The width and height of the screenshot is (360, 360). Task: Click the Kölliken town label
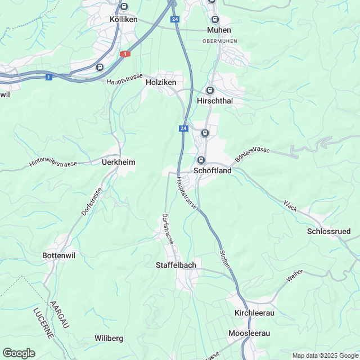click(124, 19)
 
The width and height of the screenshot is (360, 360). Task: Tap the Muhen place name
click(219, 30)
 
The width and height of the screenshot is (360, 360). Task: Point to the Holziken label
click(161, 82)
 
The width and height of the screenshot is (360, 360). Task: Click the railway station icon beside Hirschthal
click(210, 90)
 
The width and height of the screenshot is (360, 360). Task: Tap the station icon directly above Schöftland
click(201, 160)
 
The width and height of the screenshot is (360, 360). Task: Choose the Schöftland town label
click(212, 170)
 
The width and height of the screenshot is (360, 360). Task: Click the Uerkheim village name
click(118, 162)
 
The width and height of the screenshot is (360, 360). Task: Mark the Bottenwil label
click(60, 255)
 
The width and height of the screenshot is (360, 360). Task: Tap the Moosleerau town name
click(249, 334)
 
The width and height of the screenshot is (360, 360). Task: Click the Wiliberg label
click(109, 338)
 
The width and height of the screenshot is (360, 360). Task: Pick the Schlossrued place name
click(329, 231)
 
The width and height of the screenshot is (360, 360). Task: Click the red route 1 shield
click(124, 54)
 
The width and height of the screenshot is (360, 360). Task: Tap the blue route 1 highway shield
click(49, 76)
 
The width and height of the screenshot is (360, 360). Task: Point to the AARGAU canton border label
click(60, 314)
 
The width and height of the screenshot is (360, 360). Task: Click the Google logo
click(19, 353)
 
